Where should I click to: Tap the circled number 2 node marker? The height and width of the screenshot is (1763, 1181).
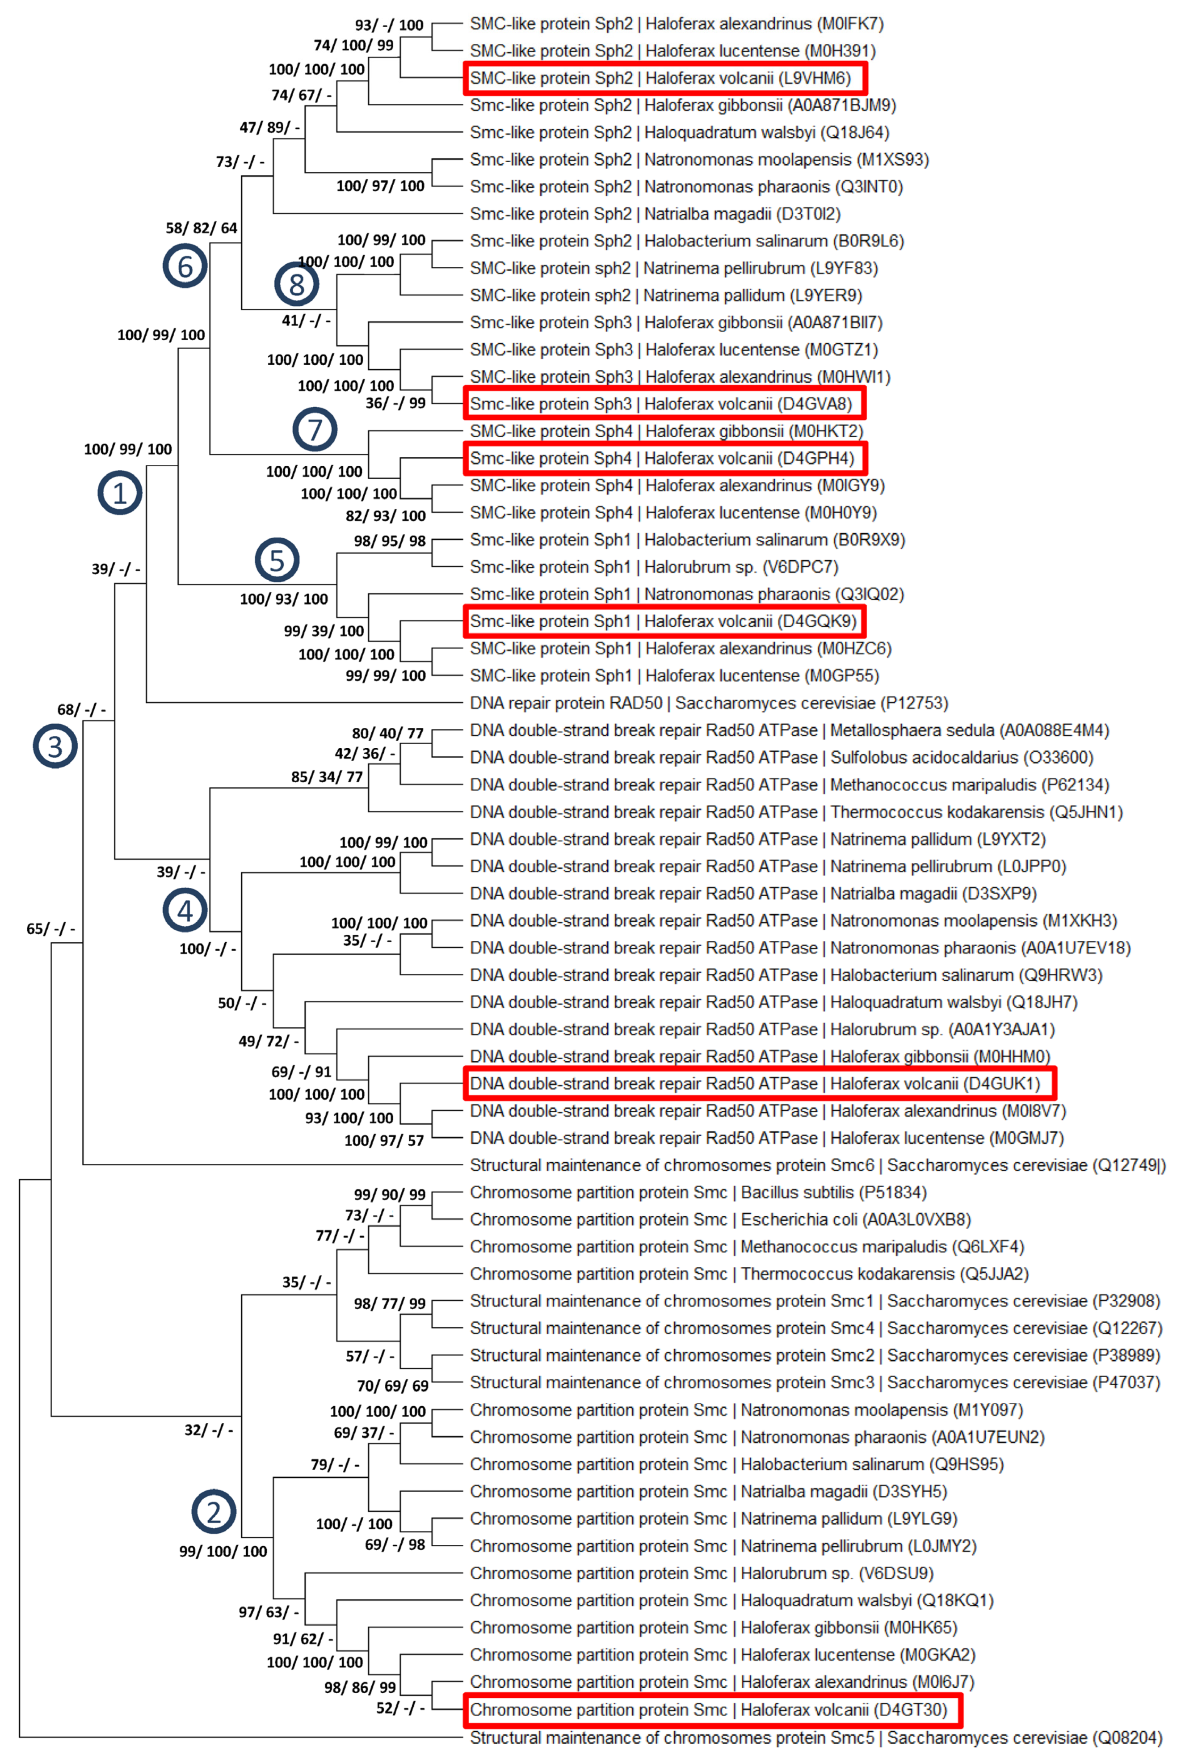point(214,1511)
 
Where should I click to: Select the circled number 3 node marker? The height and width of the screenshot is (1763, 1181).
point(55,746)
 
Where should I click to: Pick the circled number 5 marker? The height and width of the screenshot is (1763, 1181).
point(277,560)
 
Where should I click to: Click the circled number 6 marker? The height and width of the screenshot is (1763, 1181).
point(185,266)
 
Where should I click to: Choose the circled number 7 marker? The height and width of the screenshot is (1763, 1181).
point(315,430)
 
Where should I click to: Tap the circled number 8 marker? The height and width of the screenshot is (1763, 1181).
point(297,284)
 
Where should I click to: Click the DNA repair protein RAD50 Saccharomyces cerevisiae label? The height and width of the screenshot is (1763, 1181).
point(708,703)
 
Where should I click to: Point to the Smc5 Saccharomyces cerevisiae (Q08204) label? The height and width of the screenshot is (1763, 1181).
point(815,1738)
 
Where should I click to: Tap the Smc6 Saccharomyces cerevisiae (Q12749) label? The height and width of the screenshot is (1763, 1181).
point(817,1165)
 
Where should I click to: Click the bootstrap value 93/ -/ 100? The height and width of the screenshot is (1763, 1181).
point(389,25)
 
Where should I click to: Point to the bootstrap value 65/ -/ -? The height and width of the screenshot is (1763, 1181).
point(50,928)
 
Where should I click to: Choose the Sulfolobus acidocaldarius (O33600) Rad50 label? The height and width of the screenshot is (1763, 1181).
point(781,757)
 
